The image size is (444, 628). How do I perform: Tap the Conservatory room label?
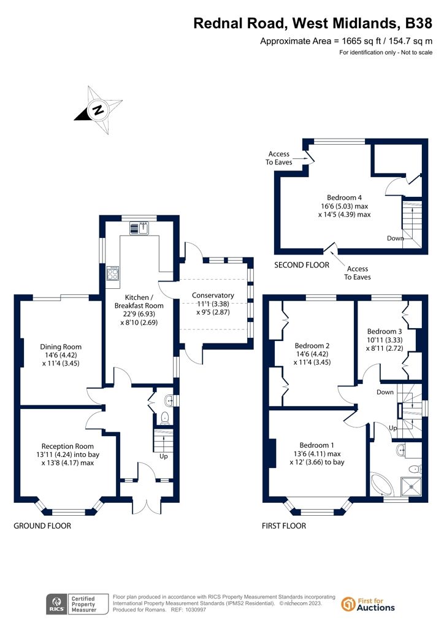click(x=213, y=295)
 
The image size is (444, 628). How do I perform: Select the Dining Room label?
click(x=61, y=347)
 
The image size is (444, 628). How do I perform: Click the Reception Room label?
click(x=67, y=446)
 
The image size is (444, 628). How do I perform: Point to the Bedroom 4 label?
click(x=344, y=197)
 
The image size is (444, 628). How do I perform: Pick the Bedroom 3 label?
click(x=385, y=331)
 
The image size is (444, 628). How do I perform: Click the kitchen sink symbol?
click(x=139, y=228)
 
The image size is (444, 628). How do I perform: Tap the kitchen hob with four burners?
click(x=113, y=273)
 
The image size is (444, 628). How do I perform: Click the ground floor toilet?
click(x=164, y=418)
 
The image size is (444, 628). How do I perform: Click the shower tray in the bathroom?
click(x=411, y=486)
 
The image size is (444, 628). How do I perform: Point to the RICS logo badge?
click(x=77, y=604)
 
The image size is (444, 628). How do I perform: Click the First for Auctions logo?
click(x=368, y=604)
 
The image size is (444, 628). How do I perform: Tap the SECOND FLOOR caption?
click(x=302, y=265)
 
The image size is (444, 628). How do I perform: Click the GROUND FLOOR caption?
click(x=42, y=526)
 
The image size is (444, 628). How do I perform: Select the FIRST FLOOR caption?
click(x=284, y=526)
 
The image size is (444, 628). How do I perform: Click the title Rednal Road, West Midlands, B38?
click(x=313, y=23)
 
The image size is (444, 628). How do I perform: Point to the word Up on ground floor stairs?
click(x=164, y=456)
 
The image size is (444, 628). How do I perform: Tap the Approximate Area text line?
click(x=346, y=41)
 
